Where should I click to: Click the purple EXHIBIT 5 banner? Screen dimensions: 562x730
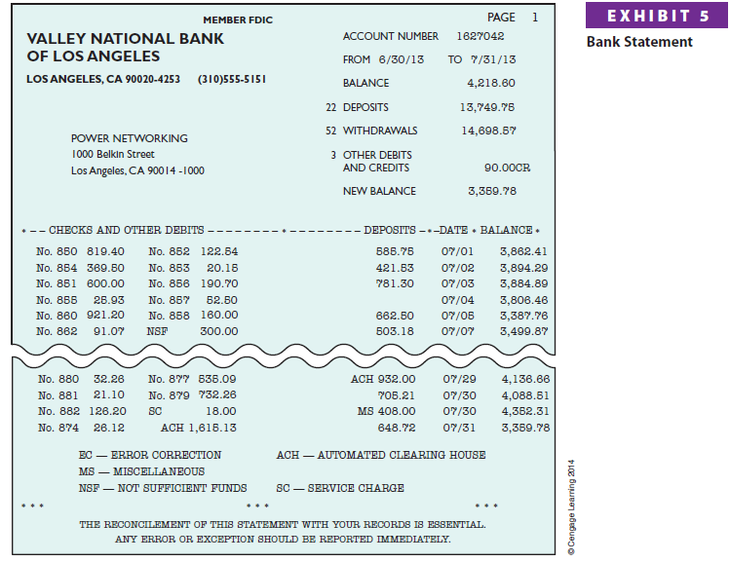(658, 17)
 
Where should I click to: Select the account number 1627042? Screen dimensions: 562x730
(480, 36)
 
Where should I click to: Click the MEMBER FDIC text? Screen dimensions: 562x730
(239, 19)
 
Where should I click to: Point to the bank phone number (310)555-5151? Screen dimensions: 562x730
(232, 78)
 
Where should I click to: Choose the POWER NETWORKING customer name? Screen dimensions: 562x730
(130, 138)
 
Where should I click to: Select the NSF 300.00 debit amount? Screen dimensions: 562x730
(218, 331)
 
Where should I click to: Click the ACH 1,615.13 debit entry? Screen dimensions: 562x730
(199, 428)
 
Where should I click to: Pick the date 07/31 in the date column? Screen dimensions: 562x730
(458, 428)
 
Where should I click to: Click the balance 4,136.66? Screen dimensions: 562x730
(525, 379)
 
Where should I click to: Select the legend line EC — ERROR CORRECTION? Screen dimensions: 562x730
(150, 455)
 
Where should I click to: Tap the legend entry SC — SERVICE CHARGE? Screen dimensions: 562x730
(340, 488)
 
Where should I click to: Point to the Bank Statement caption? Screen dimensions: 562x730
(639, 42)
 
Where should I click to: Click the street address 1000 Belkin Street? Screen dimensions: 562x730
(113, 154)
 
